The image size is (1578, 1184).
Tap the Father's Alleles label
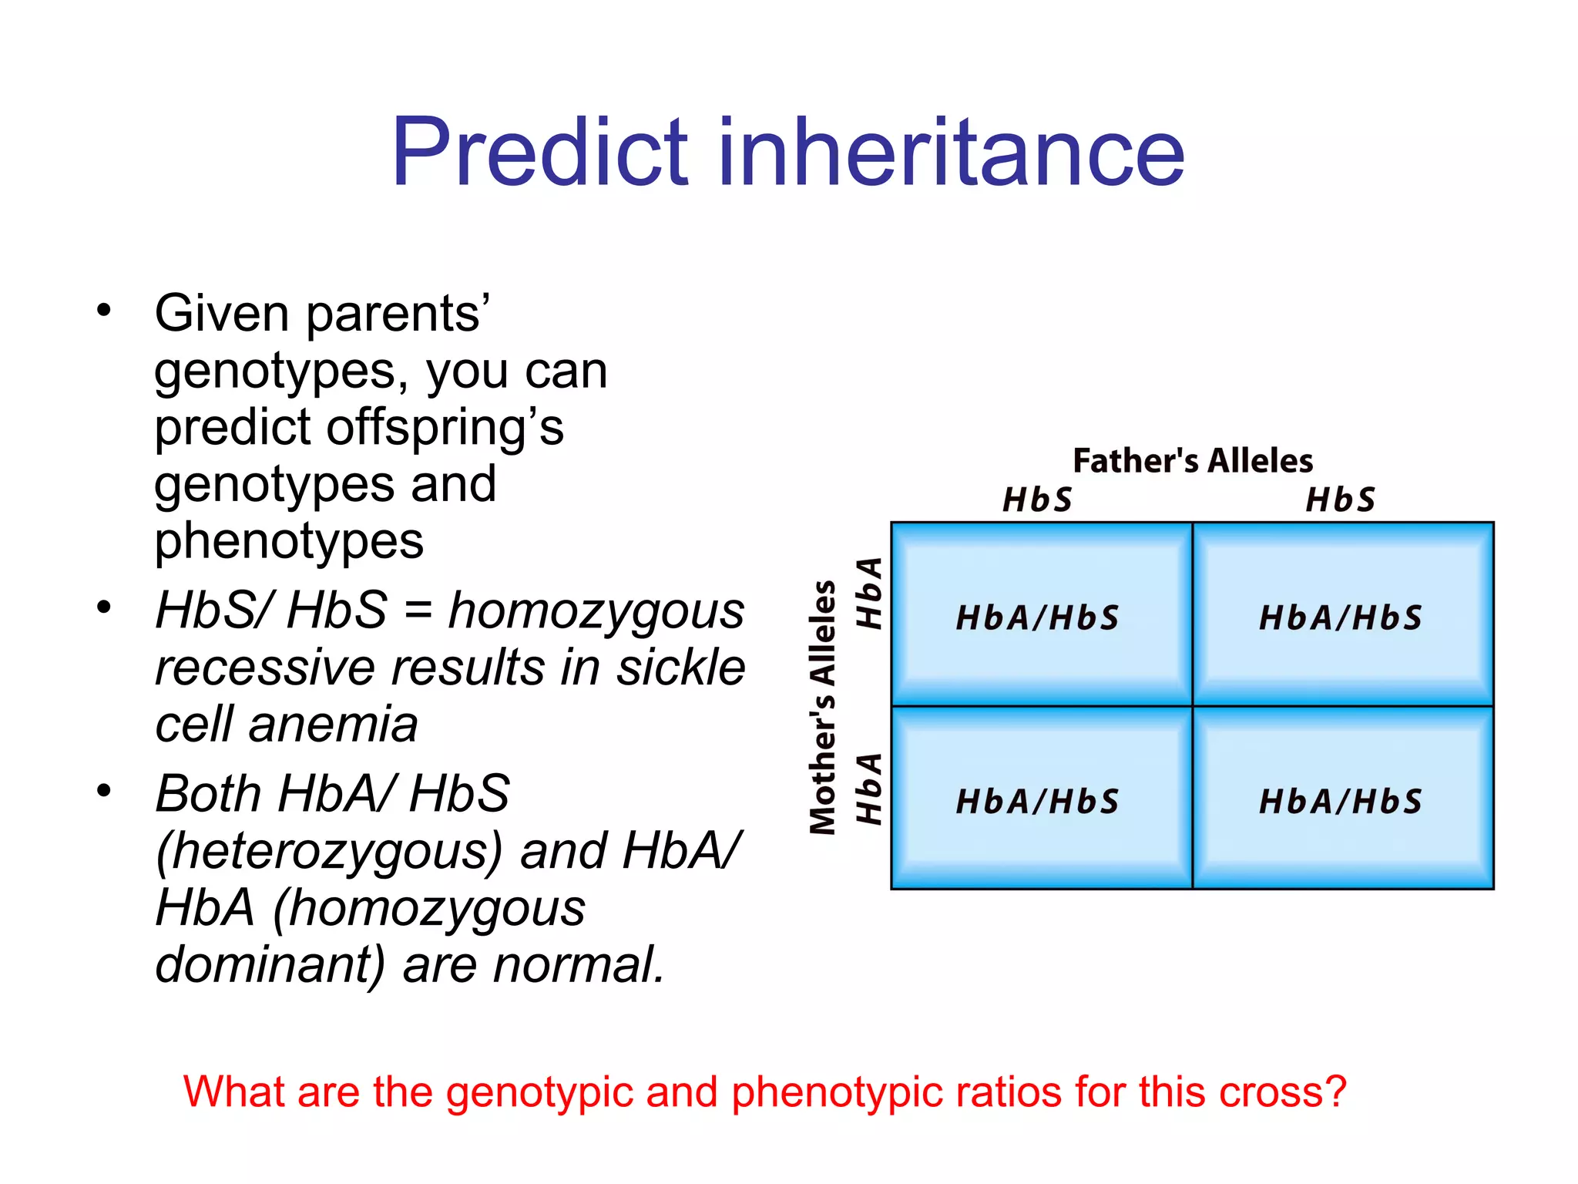[x=1193, y=461]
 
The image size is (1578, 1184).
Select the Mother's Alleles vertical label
[x=823, y=708]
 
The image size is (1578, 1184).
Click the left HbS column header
[x=1037, y=500]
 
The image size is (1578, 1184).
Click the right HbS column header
[x=1340, y=500]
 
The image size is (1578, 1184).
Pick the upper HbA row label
[x=870, y=593]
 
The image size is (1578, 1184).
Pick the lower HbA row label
[x=870, y=789]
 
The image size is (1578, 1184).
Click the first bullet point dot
[x=104, y=311]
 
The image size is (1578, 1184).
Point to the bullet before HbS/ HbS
[x=104, y=608]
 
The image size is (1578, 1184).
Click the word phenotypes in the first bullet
[x=289, y=542]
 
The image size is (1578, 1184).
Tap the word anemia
[x=333, y=725]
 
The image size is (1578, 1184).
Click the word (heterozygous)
[x=329, y=851]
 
